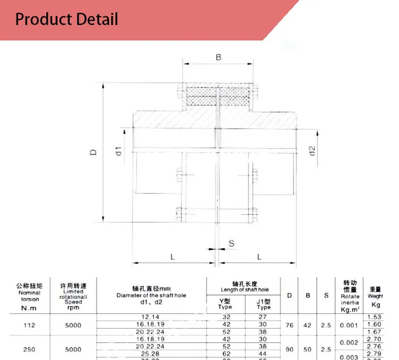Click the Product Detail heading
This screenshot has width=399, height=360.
coord(66,20)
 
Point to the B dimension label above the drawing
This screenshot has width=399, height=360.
coord(218,57)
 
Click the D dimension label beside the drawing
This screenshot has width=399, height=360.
coord(94,152)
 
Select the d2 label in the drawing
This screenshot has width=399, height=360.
coord(313,151)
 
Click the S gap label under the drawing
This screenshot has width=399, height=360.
coord(231,243)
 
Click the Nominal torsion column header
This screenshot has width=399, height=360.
coord(29,296)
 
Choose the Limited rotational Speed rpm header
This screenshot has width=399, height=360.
coord(73,296)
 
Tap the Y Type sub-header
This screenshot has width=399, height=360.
coord(225,304)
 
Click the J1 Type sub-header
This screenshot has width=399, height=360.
coord(263,304)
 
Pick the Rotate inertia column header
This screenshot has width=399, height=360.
coord(350,296)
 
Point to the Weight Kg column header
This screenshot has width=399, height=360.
coord(375,296)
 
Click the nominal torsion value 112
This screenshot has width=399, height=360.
coord(29,325)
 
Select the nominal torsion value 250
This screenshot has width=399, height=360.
coord(29,349)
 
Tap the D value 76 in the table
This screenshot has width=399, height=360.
coord(289,325)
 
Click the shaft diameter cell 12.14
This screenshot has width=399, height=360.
coord(151,317)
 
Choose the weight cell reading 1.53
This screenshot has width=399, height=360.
coord(375,317)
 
